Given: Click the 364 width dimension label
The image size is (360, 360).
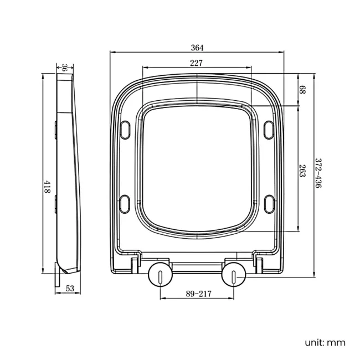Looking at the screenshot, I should (197, 47).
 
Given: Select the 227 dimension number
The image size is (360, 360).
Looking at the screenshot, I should (196, 63).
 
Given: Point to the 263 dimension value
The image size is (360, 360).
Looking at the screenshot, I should (302, 171).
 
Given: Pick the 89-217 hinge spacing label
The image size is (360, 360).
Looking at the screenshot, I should (198, 293).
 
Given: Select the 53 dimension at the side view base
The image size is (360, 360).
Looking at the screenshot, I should (70, 288).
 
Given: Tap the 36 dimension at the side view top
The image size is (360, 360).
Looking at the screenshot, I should (64, 68).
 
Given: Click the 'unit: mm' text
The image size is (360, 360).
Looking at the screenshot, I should (324, 342).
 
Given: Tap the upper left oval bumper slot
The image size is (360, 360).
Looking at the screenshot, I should (126, 128).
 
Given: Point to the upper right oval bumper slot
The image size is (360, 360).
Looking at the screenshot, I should (270, 128).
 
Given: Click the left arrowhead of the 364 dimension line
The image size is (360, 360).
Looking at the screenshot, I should (112, 52).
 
